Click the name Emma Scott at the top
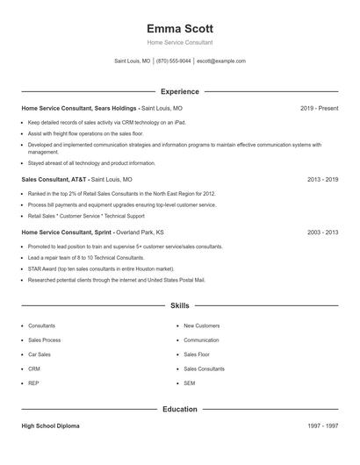180,28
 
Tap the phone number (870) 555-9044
174,61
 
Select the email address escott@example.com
221,61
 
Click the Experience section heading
180,91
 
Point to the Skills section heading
180,305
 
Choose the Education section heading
180,409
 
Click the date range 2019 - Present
319,108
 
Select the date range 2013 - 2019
323,179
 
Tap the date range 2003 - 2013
323,232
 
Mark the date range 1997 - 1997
323,426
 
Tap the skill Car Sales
40,354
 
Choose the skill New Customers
201,325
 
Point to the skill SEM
189,383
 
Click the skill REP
34,383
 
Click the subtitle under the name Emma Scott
180,42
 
